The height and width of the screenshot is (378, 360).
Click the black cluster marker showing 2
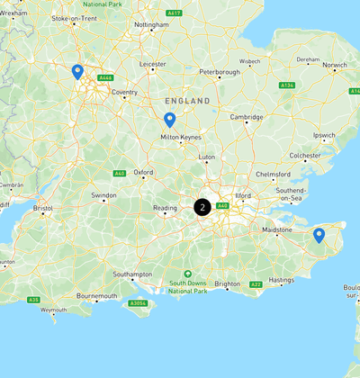click(x=203, y=207)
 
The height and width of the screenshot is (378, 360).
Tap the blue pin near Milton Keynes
click(x=169, y=120)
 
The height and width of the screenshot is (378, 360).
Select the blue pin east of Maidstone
click(x=319, y=236)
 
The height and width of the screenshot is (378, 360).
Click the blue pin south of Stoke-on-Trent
click(x=77, y=71)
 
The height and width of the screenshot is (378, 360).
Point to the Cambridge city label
click(x=247, y=117)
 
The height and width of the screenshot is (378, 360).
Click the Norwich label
click(x=335, y=65)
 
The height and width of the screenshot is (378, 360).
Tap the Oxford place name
click(x=143, y=172)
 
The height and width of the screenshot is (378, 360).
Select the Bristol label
click(x=43, y=208)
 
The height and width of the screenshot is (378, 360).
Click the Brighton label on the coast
click(x=227, y=284)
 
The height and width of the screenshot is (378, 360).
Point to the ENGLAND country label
click(x=187, y=101)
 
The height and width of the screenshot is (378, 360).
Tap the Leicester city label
click(x=153, y=64)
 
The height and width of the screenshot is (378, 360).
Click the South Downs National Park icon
click(x=187, y=274)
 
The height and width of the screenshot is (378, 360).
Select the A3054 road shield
click(x=138, y=303)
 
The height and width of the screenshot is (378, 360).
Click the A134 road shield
click(x=287, y=85)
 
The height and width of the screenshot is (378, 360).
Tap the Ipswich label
click(x=324, y=135)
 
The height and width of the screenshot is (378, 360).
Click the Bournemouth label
click(x=99, y=296)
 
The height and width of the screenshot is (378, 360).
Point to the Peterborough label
click(x=219, y=72)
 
